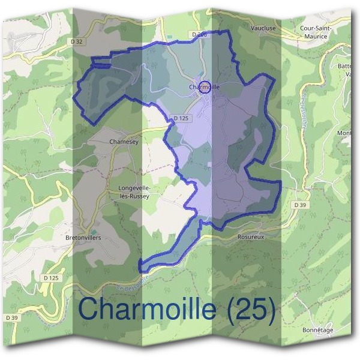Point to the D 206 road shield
pos(199,35)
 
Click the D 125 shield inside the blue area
pos(181,119)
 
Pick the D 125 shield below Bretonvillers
pos(51,278)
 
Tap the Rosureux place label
pos(250,236)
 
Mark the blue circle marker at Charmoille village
pos(205,87)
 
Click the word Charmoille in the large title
pos(147,309)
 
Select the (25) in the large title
pos(249,309)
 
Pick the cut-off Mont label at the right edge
pos(345,133)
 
